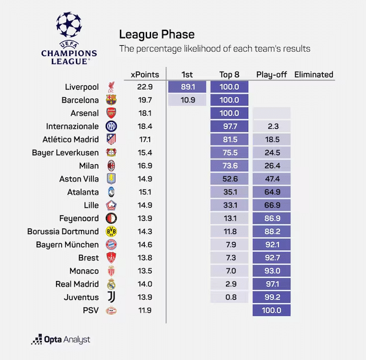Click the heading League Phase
(156, 34)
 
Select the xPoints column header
(141, 74)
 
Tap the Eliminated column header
(313, 74)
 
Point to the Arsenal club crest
(111, 113)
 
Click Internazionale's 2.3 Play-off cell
(272, 126)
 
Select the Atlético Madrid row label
(71, 139)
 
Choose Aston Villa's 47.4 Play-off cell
(272, 179)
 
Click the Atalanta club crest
(111, 192)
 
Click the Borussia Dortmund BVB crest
(111, 232)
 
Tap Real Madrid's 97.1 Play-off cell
(272, 284)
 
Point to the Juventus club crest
(111, 298)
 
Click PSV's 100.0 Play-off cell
(272, 311)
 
